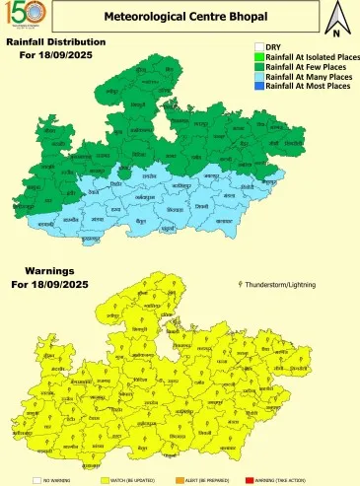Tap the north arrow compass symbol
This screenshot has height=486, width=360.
pos(336,17)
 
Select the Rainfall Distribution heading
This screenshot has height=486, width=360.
pos(55,43)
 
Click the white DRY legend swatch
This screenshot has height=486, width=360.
pos(259,46)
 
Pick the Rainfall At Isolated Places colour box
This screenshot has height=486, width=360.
pos(259,56)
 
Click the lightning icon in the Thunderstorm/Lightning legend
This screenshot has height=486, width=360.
pos(244,283)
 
